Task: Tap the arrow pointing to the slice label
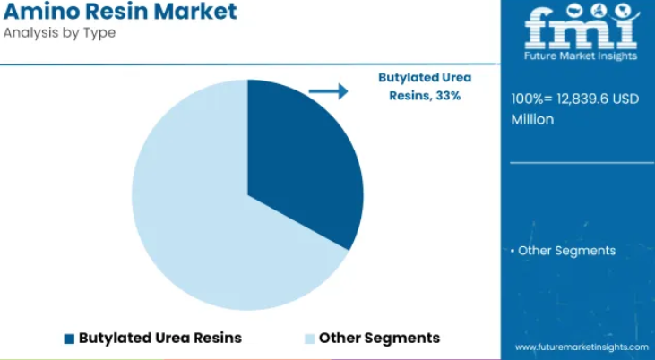pyautogui.click(x=328, y=91)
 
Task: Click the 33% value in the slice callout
pyautogui.click(x=448, y=96)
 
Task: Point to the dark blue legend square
pyautogui.click(x=69, y=339)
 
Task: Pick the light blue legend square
pyautogui.click(x=309, y=339)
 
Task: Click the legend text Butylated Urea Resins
pyautogui.click(x=160, y=338)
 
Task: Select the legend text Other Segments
pyautogui.click(x=379, y=338)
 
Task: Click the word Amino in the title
pyautogui.click(x=41, y=12)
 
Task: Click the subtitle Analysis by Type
pyautogui.click(x=59, y=32)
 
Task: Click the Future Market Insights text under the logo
pyautogui.click(x=581, y=56)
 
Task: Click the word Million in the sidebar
pyautogui.click(x=532, y=119)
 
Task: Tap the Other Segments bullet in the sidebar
pyautogui.click(x=563, y=251)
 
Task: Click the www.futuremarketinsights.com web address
pyautogui.click(x=582, y=347)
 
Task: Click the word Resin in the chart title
pyautogui.click(x=116, y=12)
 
